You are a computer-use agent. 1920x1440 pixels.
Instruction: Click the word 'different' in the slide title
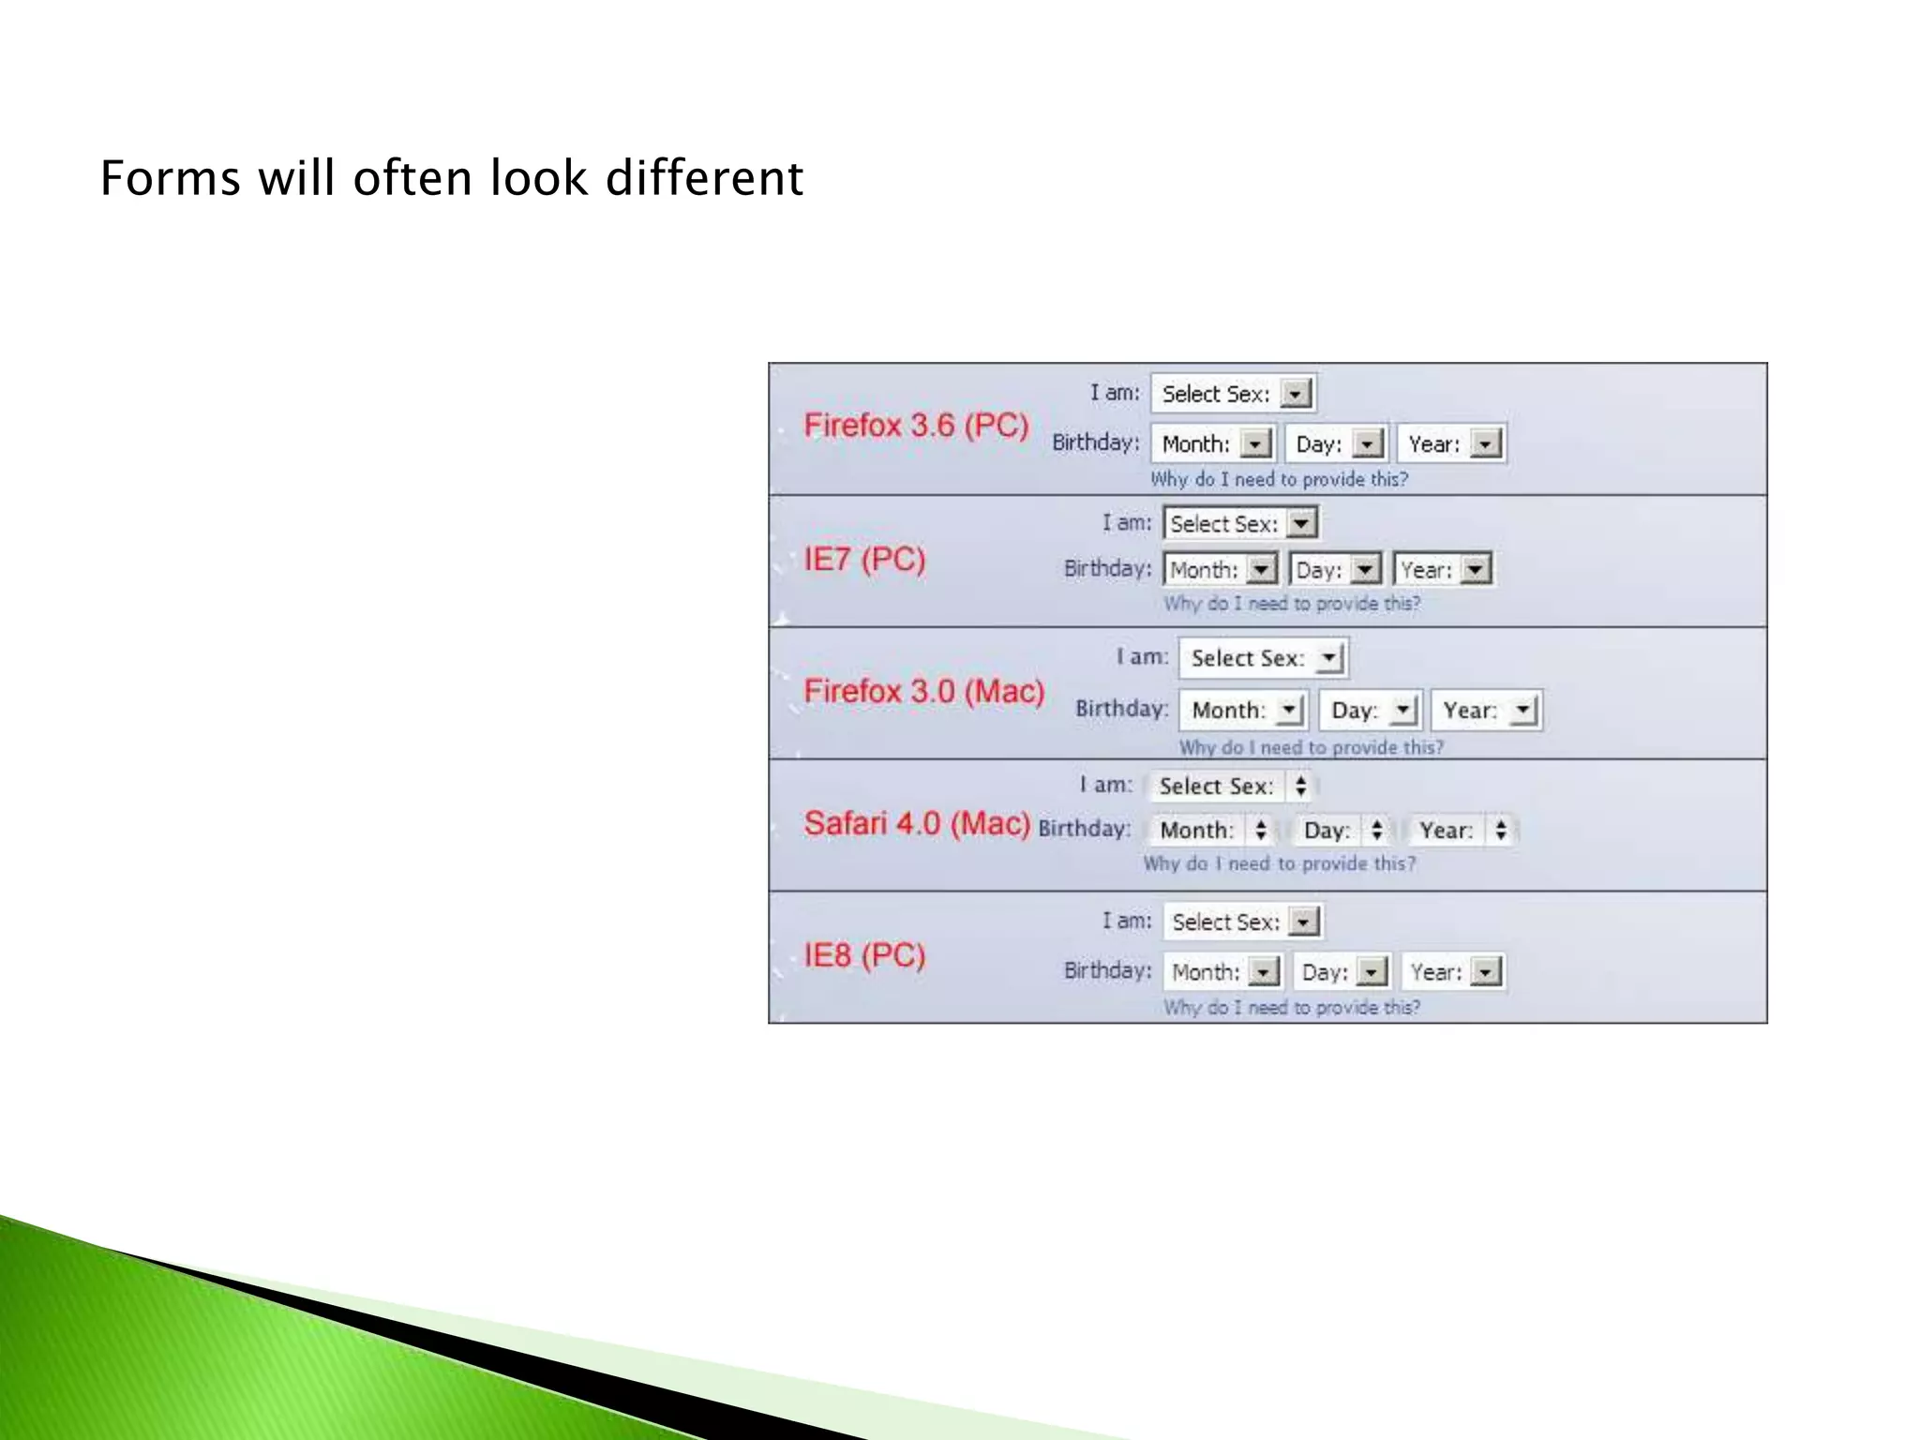coord(704,178)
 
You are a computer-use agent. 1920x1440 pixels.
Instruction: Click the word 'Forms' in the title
coord(170,178)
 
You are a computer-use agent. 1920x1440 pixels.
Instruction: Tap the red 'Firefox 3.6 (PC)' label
coord(916,426)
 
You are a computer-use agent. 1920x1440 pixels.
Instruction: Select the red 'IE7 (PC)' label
coord(864,560)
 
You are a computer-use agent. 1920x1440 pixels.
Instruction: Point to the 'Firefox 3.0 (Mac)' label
coord(923,692)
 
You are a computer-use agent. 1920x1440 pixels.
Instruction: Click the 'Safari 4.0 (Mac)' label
coord(916,824)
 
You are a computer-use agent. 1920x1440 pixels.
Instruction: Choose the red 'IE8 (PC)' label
coord(864,956)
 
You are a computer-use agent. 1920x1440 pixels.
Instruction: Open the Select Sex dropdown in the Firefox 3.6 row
coord(1233,394)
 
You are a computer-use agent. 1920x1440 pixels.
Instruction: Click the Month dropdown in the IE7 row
coord(1222,569)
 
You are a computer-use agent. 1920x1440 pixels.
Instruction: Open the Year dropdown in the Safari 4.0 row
coord(1462,831)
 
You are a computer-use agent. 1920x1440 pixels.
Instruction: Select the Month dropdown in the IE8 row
coord(1223,972)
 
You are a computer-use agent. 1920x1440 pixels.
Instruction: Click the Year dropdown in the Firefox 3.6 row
coord(1451,444)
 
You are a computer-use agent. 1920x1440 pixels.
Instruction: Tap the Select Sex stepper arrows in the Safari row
coord(1300,787)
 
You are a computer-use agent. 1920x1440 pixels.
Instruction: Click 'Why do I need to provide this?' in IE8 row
coord(1291,1008)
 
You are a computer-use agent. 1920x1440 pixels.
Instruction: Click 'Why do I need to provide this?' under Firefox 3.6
coord(1279,480)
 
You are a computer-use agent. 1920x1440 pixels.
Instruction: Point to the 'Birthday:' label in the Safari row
coord(1084,829)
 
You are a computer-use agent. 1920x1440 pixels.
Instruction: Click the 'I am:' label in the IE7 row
coord(1126,523)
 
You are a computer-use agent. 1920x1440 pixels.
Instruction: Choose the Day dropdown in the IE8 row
coord(1342,972)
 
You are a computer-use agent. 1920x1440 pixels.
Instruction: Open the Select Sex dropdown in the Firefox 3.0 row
coord(1262,658)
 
